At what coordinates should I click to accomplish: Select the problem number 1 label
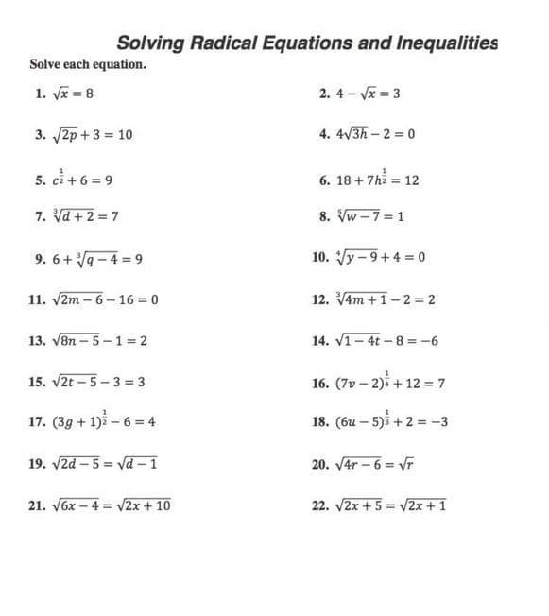39,94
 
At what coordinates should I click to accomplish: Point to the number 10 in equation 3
124,134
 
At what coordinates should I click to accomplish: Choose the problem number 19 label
38,465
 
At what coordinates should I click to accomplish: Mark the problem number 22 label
318,505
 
